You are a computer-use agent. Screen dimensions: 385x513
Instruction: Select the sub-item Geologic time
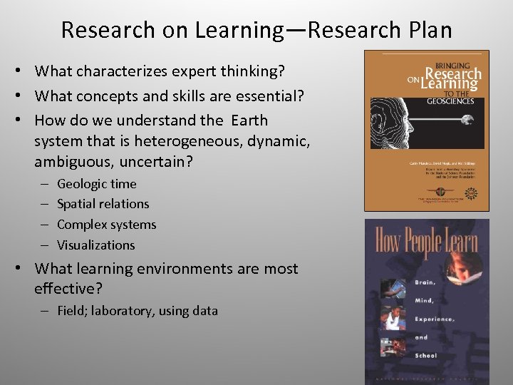coord(96,184)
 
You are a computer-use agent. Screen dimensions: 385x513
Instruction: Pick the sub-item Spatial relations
coord(103,204)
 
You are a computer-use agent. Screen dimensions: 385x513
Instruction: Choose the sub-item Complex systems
coord(106,225)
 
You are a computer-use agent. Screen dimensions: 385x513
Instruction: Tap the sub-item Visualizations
coord(95,245)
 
